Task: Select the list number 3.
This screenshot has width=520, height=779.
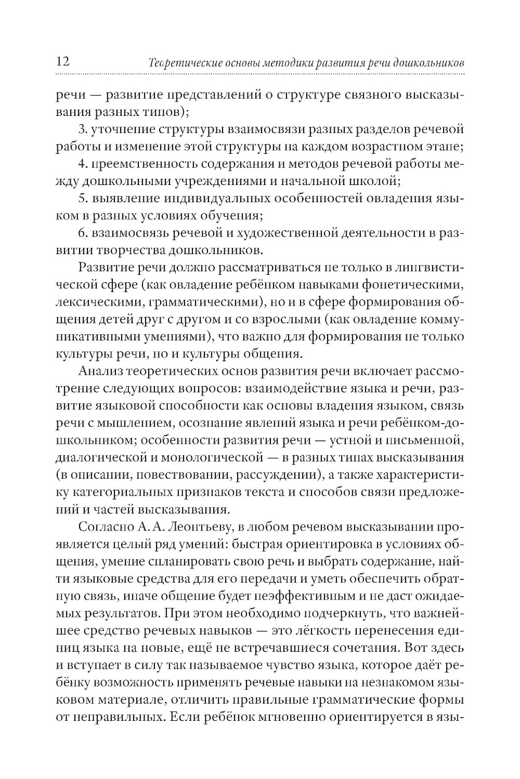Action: point(82,129)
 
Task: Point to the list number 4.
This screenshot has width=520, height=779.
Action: point(82,164)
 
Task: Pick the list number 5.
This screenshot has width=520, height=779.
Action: point(82,199)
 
